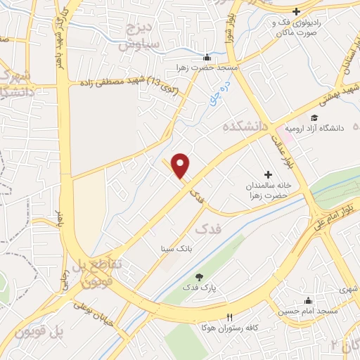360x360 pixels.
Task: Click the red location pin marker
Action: click(x=181, y=165)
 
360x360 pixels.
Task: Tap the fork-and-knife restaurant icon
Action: click(x=229, y=316)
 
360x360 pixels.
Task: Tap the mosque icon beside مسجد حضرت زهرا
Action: click(x=205, y=58)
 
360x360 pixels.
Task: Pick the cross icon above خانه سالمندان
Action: click(x=267, y=174)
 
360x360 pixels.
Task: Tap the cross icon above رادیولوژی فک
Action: click(x=297, y=11)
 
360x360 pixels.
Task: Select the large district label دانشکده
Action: click(x=246, y=127)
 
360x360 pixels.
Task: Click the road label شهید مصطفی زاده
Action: click(x=124, y=84)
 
